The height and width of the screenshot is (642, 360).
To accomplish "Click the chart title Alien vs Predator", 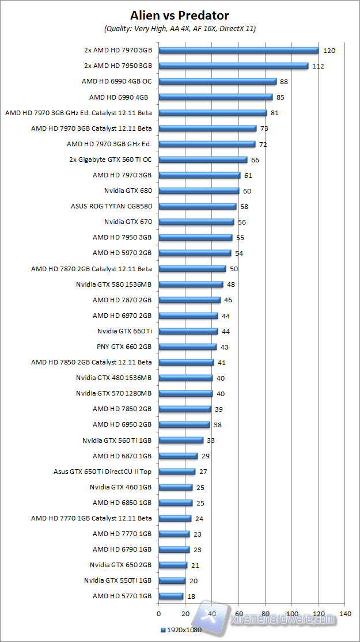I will (x=179, y=15).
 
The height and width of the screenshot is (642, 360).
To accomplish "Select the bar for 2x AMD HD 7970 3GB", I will (x=238, y=50).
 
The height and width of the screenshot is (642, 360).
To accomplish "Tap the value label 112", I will (x=318, y=66).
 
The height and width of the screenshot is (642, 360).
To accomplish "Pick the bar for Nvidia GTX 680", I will (x=199, y=191).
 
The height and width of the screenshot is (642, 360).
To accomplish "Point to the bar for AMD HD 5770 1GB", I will (x=170, y=596).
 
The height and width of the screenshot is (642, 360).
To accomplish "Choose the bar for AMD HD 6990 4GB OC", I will (x=218, y=82).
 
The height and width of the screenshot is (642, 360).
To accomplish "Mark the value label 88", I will (x=286, y=82).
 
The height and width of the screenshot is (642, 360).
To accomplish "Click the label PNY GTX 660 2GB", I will (x=124, y=347).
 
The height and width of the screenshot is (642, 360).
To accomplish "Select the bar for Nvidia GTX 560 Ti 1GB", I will (x=181, y=440).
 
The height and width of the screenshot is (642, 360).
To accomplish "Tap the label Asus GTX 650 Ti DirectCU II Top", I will (x=103, y=471).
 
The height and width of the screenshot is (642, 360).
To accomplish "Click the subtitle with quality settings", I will (x=180, y=28).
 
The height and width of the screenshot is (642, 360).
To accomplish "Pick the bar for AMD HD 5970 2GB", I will (x=195, y=253).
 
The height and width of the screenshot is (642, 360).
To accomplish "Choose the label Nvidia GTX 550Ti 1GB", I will (x=118, y=580).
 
